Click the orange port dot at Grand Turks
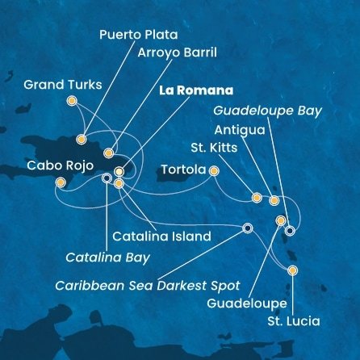click(72, 101)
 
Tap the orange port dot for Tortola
click(214, 170)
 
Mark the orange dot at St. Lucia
click(292, 271)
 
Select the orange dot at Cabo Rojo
click(60, 182)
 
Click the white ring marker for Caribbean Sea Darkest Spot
click(248, 228)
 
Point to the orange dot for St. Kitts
click(257, 197)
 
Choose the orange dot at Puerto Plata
click(82, 137)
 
